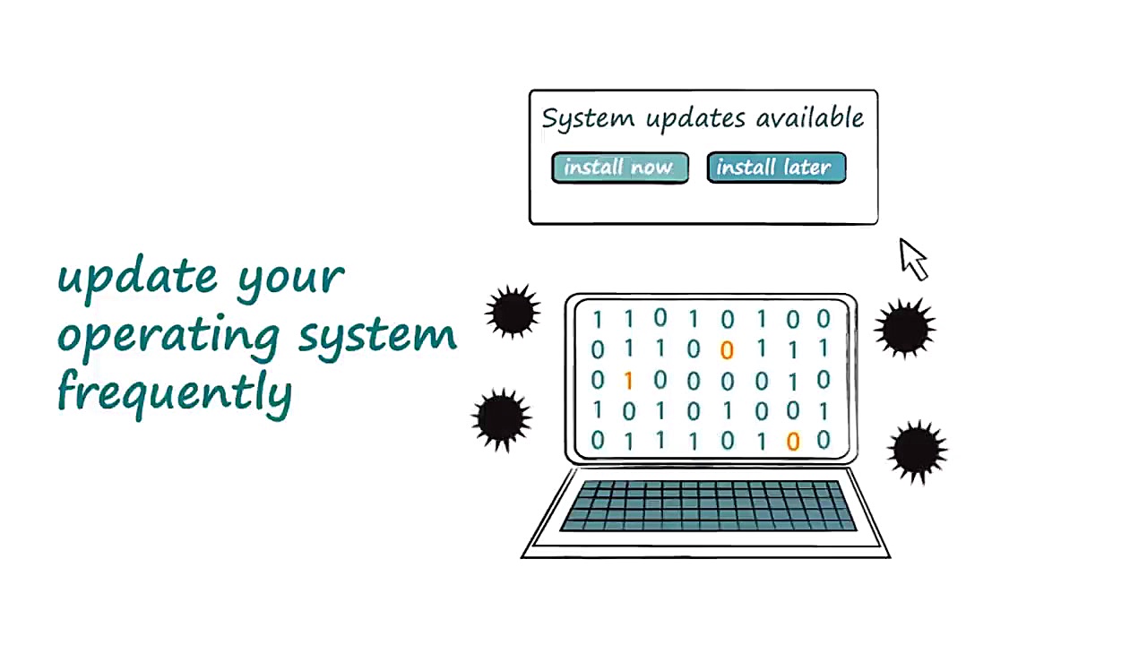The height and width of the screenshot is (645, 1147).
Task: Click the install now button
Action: (x=619, y=168)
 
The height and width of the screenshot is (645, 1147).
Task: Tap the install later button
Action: (x=775, y=168)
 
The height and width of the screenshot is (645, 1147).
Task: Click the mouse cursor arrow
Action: (x=912, y=258)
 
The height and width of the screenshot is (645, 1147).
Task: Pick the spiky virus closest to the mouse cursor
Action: (x=904, y=328)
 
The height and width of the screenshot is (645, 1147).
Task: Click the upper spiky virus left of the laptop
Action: (x=513, y=312)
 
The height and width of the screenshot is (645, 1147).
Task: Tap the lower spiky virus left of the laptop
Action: (x=501, y=418)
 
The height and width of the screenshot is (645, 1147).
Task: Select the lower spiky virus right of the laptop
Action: (x=917, y=451)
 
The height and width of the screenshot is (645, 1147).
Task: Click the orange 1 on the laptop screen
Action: (x=628, y=381)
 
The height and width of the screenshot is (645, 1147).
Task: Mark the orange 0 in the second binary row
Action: (x=727, y=350)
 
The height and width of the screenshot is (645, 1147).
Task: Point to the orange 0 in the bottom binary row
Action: (x=792, y=441)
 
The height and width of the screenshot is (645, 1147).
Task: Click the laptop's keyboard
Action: (x=707, y=506)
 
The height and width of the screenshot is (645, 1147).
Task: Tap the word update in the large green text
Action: (x=138, y=276)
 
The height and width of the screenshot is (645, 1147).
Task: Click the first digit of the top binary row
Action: (x=598, y=319)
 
